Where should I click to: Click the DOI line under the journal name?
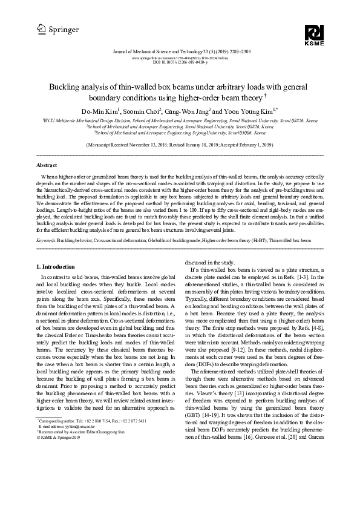click(x=180, y=63)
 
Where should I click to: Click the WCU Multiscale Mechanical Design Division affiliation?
click(x=180, y=121)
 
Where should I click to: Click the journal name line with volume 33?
click(x=180, y=53)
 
